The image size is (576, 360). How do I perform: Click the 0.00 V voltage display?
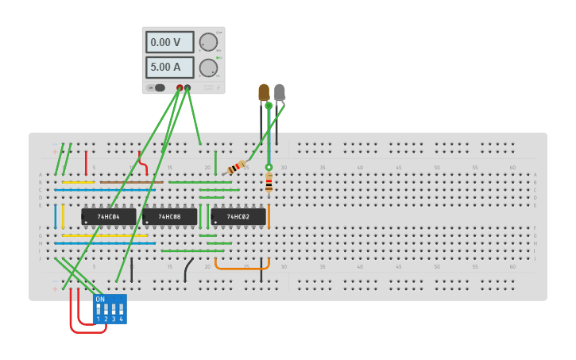tap(169, 42)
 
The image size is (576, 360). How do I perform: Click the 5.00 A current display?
tap(169, 68)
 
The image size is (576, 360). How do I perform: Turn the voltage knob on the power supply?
tap(208, 42)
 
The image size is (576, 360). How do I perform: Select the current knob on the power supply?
tap(208, 68)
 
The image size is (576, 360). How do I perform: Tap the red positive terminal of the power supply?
tap(180, 88)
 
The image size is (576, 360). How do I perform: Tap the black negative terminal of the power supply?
tap(187, 88)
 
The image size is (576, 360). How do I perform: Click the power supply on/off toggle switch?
tap(158, 88)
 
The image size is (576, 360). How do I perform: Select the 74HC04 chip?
tap(108, 216)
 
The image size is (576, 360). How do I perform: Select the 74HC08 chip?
tap(169, 216)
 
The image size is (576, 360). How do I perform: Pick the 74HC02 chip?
tap(238, 216)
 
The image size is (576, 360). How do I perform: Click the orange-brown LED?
tap(264, 92)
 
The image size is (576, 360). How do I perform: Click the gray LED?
tap(280, 92)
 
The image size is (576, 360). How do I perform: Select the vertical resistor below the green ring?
tap(269, 183)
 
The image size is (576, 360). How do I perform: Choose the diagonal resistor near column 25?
tap(237, 168)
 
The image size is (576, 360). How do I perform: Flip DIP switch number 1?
tap(99, 309)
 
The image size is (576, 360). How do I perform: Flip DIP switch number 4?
tap(121, 309)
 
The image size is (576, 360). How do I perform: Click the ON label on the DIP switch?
tap(100, 300)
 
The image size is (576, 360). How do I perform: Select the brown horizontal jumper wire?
tap(131, 182)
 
